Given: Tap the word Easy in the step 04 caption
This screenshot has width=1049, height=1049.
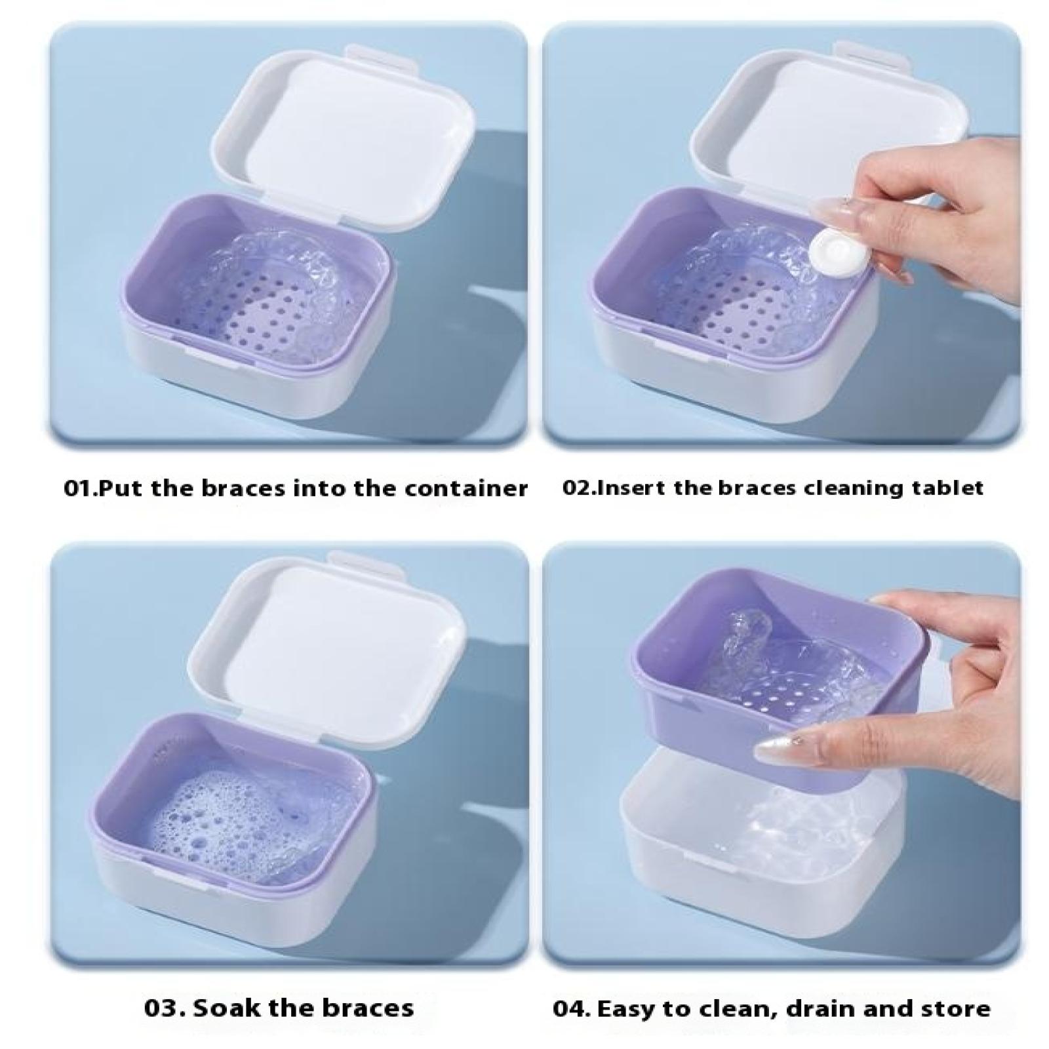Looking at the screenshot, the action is click(x=625, y=1008).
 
